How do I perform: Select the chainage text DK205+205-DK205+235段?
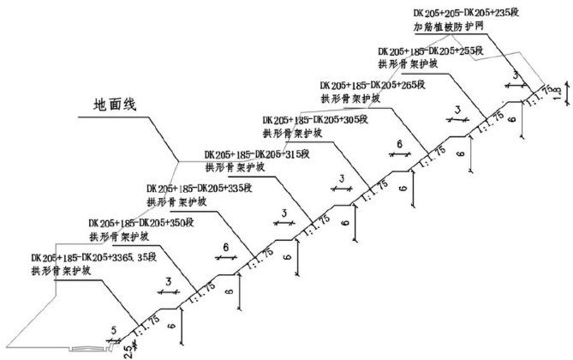465,14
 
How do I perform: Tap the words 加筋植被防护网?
450,27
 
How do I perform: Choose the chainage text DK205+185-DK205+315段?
257,155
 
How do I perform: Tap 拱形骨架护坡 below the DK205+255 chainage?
407,64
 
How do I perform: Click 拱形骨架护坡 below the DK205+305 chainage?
292,134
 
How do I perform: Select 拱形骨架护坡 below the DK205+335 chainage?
176,202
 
